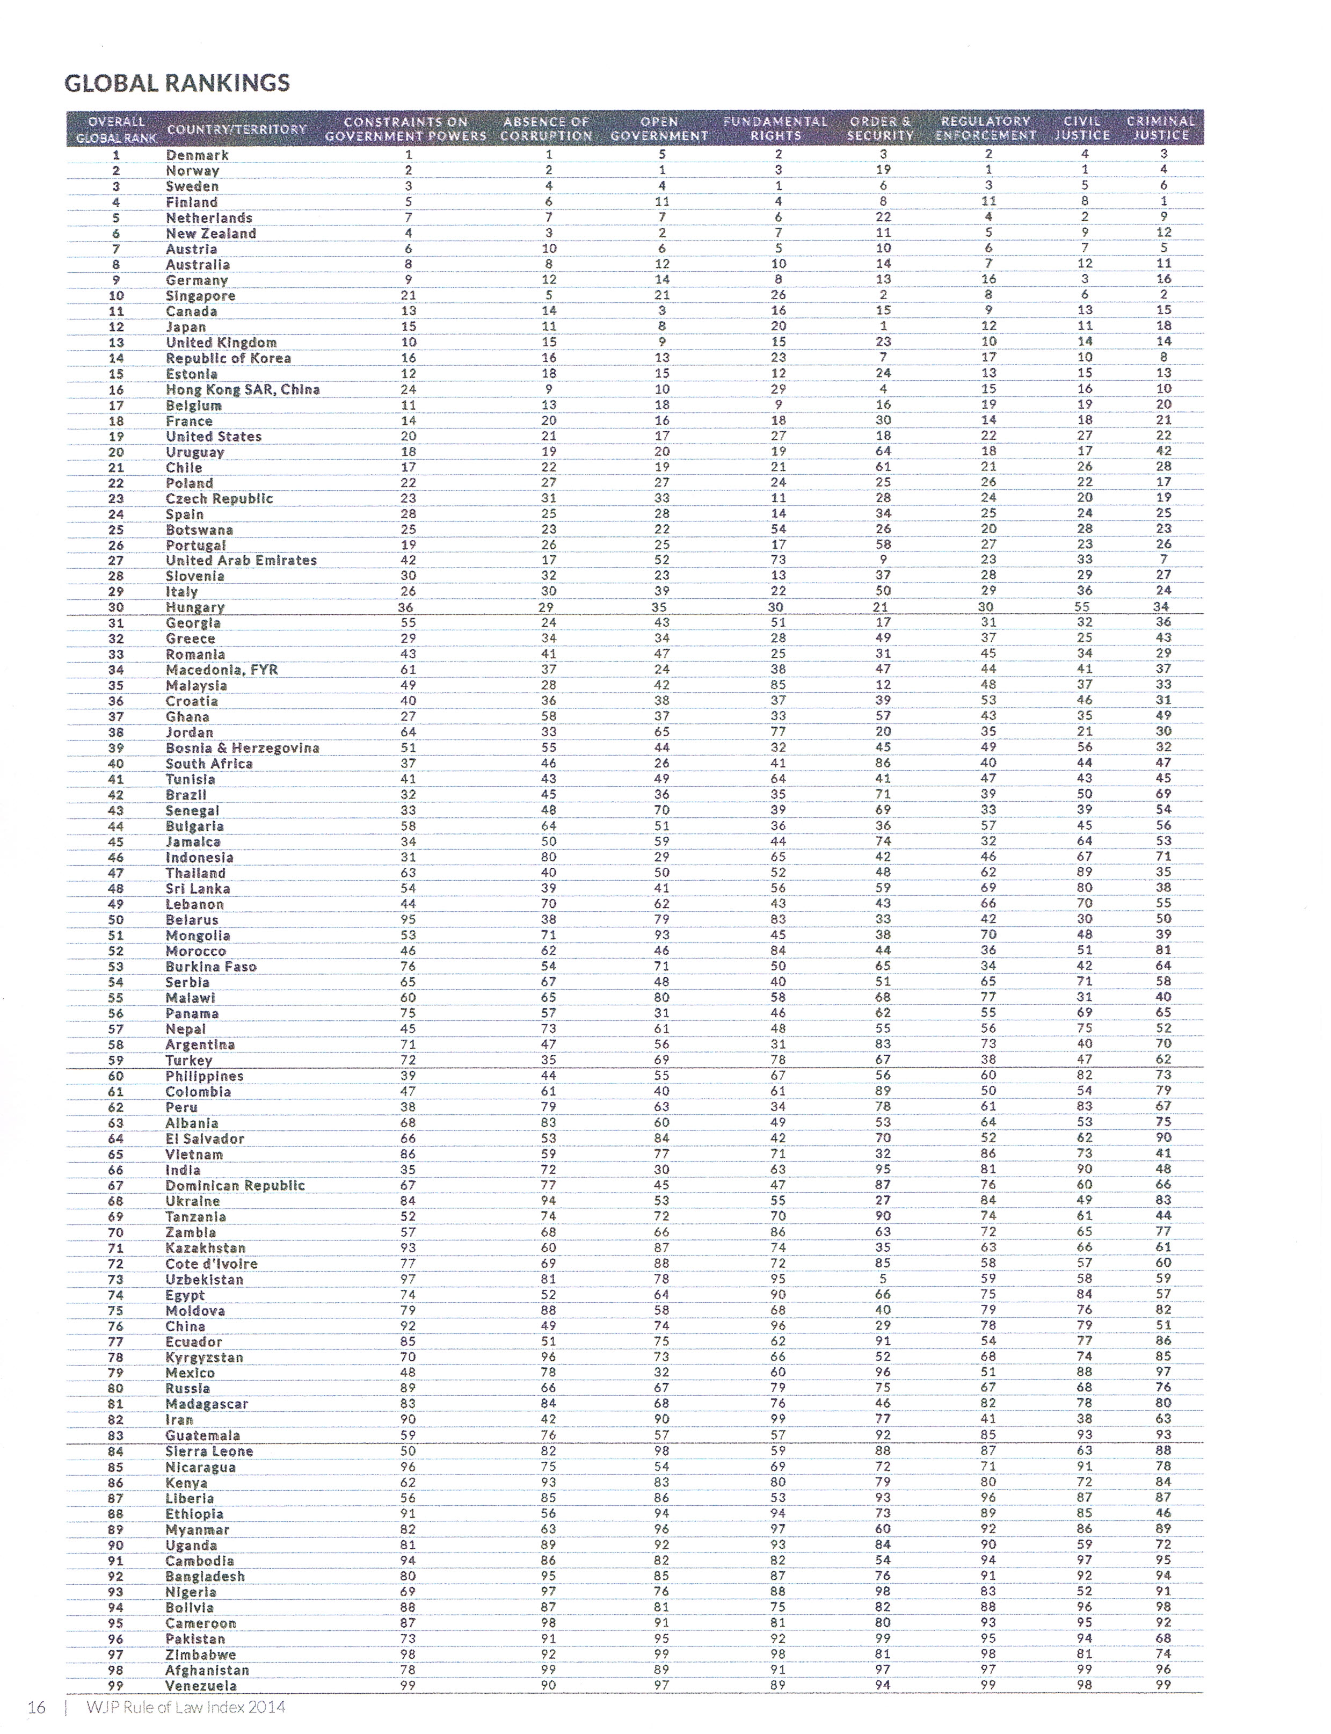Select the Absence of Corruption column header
(546, 128)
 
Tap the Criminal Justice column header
(1161, 128)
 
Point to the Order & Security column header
(881, 128)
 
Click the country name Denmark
(197, 155)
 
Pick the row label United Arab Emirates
(241, 560)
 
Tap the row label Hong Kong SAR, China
(243, 389)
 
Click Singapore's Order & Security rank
(883, 295)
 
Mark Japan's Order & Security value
(883, 326)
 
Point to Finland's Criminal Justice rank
(1163, 201)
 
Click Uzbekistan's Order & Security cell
(883, 1278)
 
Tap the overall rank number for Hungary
(115, 607)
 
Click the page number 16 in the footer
(37, 1707)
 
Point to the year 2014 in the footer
(267, 1707)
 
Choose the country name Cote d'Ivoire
(212, 1263)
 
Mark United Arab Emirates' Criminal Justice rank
(1163, 560)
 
